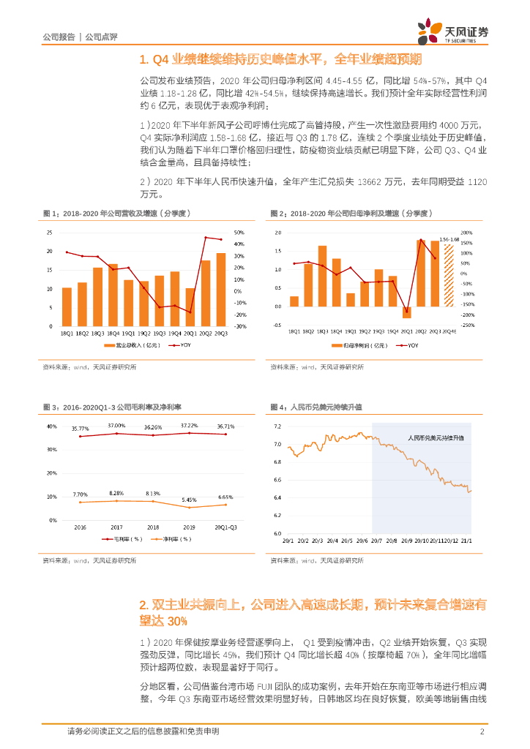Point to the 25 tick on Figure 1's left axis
coord(49,233)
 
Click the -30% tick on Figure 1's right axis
coord(239,326)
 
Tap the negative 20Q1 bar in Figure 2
coord(407,312)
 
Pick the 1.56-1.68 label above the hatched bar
coord(449,239)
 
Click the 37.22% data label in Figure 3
coord(190,426)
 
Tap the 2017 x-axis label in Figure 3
coord(115,527)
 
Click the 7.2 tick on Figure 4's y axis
coord(277,426)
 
